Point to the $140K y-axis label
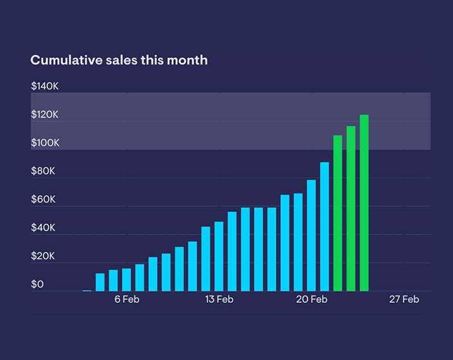pyautogui.click(x=45, y=86)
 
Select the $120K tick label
pyautogui.click(x=45, y=115)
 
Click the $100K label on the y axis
pyautogui.click(x=45, y=143)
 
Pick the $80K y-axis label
pyautogui.click(x=44, y=171)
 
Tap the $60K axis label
pyautogui.click(x=44, y=200)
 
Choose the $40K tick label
pyautogui.click(x=44, y=228)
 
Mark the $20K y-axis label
pyautogui.click(x=44, y=256)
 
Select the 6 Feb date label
pyautogui.click(x=127, y=300)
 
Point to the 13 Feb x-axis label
pyautogui.click(x=219, y=300)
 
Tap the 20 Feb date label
pyautogui.click(x=311, y=300)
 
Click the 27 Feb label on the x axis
pyautogui.click(x=404, y=300)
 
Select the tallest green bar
pyautogui.click(x=364, y=203)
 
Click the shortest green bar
pyautogui.click(x=338, y=213)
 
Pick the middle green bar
pyautogui.click(x=351, y=209)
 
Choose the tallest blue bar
pyautogui.click(x=325, y=227)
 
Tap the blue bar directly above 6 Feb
pyautogui.click(x=126, y=280)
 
